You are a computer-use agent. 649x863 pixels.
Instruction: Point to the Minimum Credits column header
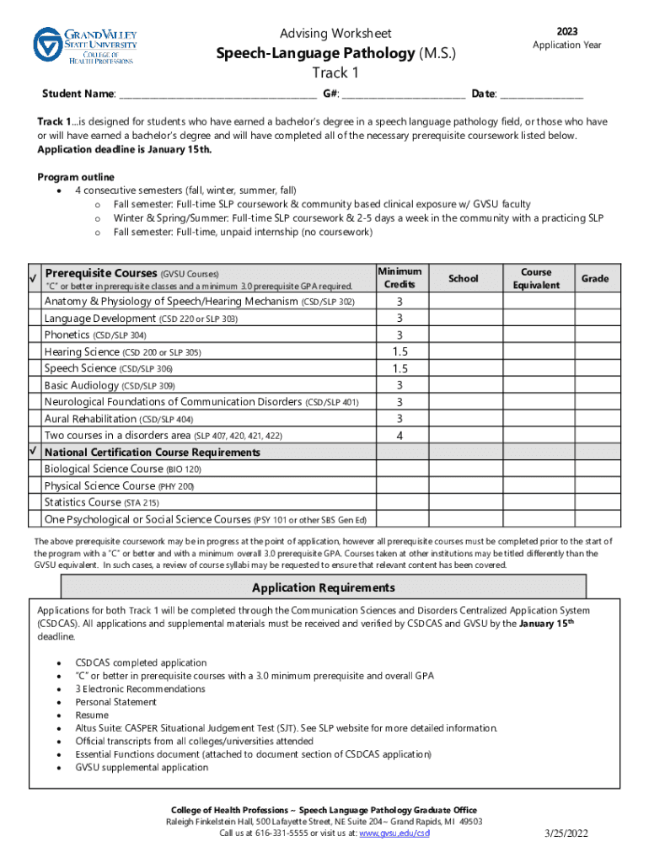tap(400, 278)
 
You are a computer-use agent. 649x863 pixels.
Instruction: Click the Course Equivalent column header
tap(536, 279)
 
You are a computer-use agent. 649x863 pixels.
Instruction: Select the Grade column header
tap(594, 279)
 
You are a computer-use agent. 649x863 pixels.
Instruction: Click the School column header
tap(464, 279)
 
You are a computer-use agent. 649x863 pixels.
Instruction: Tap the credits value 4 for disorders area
tap(400, 436)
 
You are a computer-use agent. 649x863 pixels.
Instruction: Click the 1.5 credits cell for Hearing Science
tap(400, 351)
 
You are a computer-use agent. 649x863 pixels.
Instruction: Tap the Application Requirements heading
tap(324, 587)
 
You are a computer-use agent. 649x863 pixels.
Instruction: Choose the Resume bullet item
tap(92, 715)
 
